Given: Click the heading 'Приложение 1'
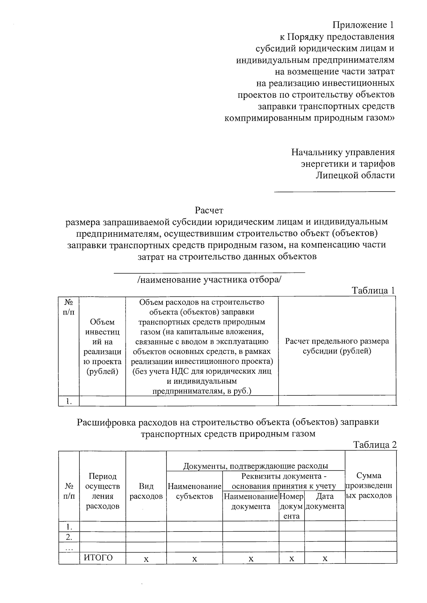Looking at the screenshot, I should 363,25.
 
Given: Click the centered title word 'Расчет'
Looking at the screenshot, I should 209,210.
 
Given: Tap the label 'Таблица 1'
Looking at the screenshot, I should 373,290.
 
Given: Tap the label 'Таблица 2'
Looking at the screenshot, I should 374,445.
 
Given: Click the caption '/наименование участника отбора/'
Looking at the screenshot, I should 209,280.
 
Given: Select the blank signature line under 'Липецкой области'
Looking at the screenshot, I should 334,192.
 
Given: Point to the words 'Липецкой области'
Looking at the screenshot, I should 355,175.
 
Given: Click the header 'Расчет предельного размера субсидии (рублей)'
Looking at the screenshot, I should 337,346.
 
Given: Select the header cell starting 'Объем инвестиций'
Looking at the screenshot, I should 102,347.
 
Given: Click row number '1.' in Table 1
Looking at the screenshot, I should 69,401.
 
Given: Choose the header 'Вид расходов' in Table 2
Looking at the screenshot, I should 146,491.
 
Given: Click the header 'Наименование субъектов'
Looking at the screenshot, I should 194,491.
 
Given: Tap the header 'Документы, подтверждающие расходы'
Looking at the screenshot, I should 255,466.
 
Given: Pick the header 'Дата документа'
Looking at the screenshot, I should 325,501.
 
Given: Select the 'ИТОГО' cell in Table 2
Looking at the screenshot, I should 98,558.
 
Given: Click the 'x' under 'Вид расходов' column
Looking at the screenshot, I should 146,559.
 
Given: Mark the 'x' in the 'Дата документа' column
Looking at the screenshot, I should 325,559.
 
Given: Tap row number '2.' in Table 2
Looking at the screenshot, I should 69,536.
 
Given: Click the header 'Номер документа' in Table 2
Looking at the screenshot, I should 291,506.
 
